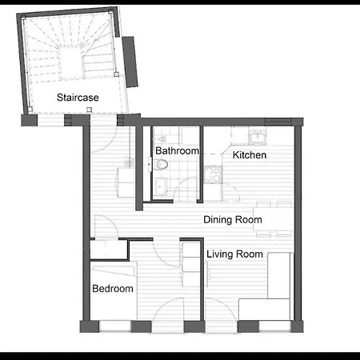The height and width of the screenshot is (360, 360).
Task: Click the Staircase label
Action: point(78,98)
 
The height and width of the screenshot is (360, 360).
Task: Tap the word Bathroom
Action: point(177,150)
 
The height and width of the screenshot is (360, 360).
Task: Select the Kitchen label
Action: point(250,155)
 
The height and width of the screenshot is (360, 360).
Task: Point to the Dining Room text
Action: point(233,220)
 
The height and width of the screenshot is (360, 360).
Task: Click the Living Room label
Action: point(234,254)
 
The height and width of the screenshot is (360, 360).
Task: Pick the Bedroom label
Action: point(113,289)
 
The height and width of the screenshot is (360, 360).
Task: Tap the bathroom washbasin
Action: point(160,186)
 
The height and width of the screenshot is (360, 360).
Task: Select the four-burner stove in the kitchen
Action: point(213,174)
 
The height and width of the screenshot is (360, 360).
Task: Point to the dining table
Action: point(274,219)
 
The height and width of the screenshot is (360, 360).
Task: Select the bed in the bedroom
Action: point(114,290)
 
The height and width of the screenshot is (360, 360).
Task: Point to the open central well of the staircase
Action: point(70,63)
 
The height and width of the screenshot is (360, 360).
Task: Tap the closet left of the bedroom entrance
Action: point(109,250)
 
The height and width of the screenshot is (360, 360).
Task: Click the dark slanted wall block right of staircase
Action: point(130,62)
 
